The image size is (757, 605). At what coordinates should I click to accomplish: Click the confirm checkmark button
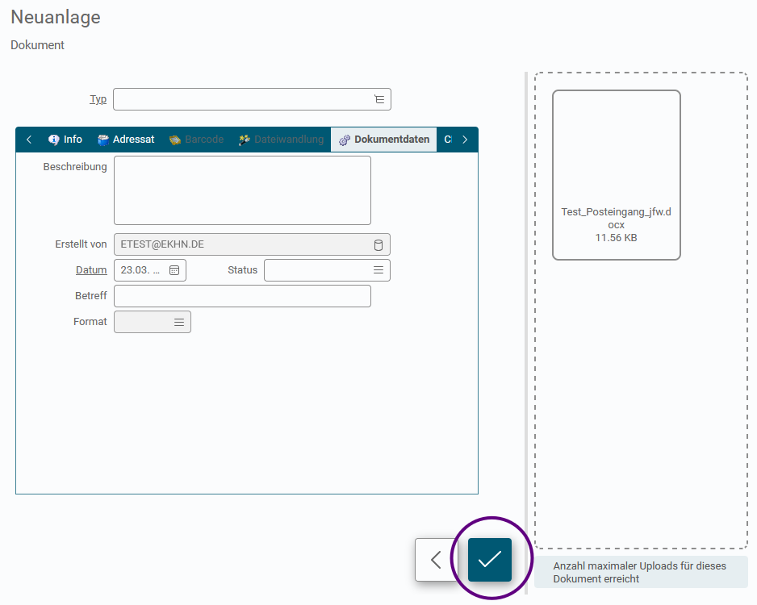(x=490, y=560)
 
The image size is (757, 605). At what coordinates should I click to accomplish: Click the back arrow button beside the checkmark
(x=436, y=560)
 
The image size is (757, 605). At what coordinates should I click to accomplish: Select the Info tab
(x=65, y=140)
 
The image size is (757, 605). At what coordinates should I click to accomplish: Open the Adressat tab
(x=126, y=140)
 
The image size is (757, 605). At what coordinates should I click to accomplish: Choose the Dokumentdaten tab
(x=384, y=140)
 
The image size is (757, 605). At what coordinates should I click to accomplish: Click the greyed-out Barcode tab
(x=196, y=140)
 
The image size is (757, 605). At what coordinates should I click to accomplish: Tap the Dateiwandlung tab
(x=281, y=140)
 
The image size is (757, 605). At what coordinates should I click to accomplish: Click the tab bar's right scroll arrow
(x=465, y=140)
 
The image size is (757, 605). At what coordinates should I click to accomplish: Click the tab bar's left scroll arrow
(x=29, y=140)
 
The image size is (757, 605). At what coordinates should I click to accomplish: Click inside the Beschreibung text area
(x=242, y=190)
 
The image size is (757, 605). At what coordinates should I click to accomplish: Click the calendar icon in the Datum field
(x=174, y=270)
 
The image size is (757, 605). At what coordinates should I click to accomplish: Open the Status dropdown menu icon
(x=378, y=270)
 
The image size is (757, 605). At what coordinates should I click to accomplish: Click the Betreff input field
(x=242, y=296)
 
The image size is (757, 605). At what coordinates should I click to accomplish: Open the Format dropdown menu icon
(x=179, y=322)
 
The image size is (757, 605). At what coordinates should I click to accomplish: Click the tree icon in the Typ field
(x=379, y=99)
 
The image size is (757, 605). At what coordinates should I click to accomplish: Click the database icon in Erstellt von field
(x=378, y=244)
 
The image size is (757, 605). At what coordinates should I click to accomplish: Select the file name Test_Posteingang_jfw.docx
(x=616, y=218)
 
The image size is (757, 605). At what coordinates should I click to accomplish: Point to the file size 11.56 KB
(x=616, y=238)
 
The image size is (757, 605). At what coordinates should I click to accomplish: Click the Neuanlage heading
(x=56, y=18)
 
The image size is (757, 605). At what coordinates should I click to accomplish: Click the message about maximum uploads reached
(x=640, y=572)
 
